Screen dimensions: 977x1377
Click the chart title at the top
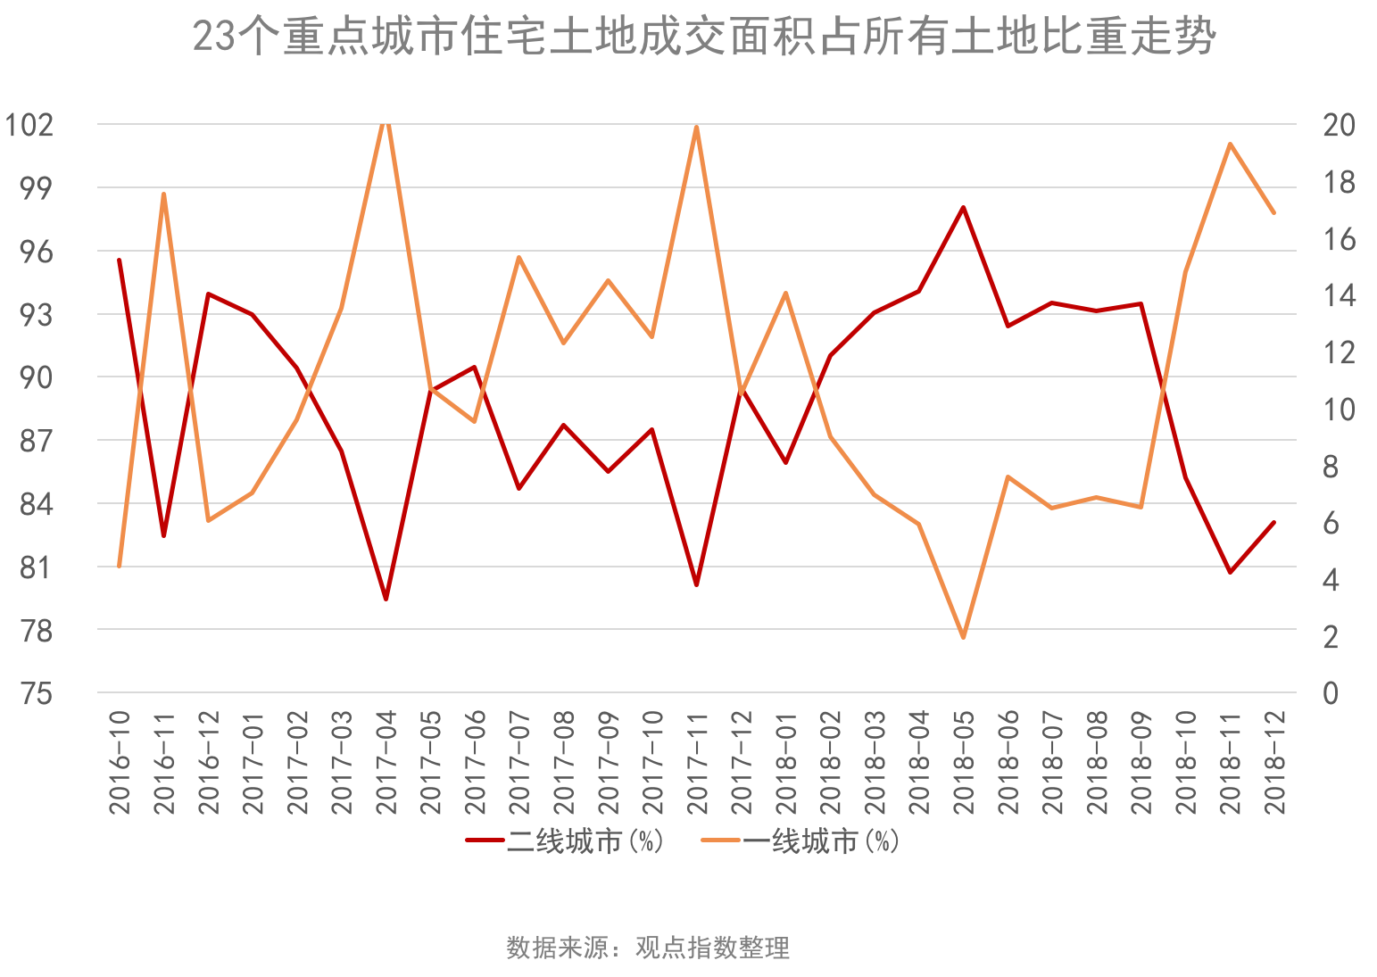(x=703, y=38)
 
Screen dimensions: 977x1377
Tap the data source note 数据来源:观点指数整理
(x=648, y=947)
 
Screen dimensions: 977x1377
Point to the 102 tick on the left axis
(x=30, y=125)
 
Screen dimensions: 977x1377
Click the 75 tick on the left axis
(x=37, y=693)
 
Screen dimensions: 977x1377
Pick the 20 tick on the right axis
(x=1338, y=125)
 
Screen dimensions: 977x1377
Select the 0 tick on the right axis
(x=1331, y=693)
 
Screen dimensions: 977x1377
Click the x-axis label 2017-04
(x=386, y=762)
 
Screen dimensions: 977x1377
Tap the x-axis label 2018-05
(x=964, y=762)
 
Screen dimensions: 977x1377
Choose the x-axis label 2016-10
(x=120, y=762)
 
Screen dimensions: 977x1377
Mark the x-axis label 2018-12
(x=1274, y=762)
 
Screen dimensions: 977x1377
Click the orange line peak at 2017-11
(x=697, y=126)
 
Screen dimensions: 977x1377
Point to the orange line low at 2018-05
(x=964, y=637)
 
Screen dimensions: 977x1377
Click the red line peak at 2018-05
(x=964, y=207)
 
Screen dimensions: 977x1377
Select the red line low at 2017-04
(x=386, y=599)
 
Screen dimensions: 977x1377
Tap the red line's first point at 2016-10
(x=120, y=260)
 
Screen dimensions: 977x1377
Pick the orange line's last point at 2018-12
(x=1274, y=212)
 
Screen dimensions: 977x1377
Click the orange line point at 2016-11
(x=164, y=194)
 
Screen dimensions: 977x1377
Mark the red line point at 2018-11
(x=1231, y=572)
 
